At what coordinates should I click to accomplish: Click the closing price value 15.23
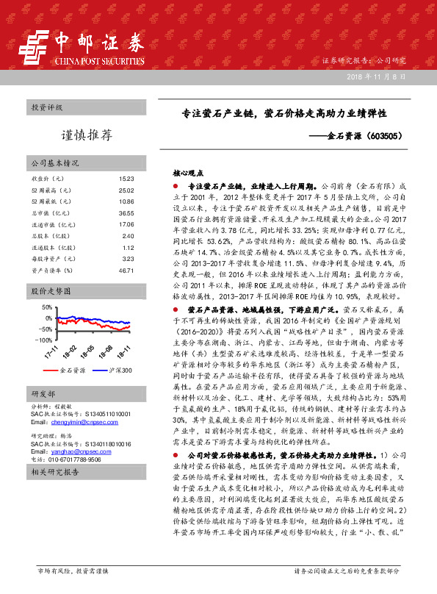126,179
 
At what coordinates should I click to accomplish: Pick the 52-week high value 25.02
126,190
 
